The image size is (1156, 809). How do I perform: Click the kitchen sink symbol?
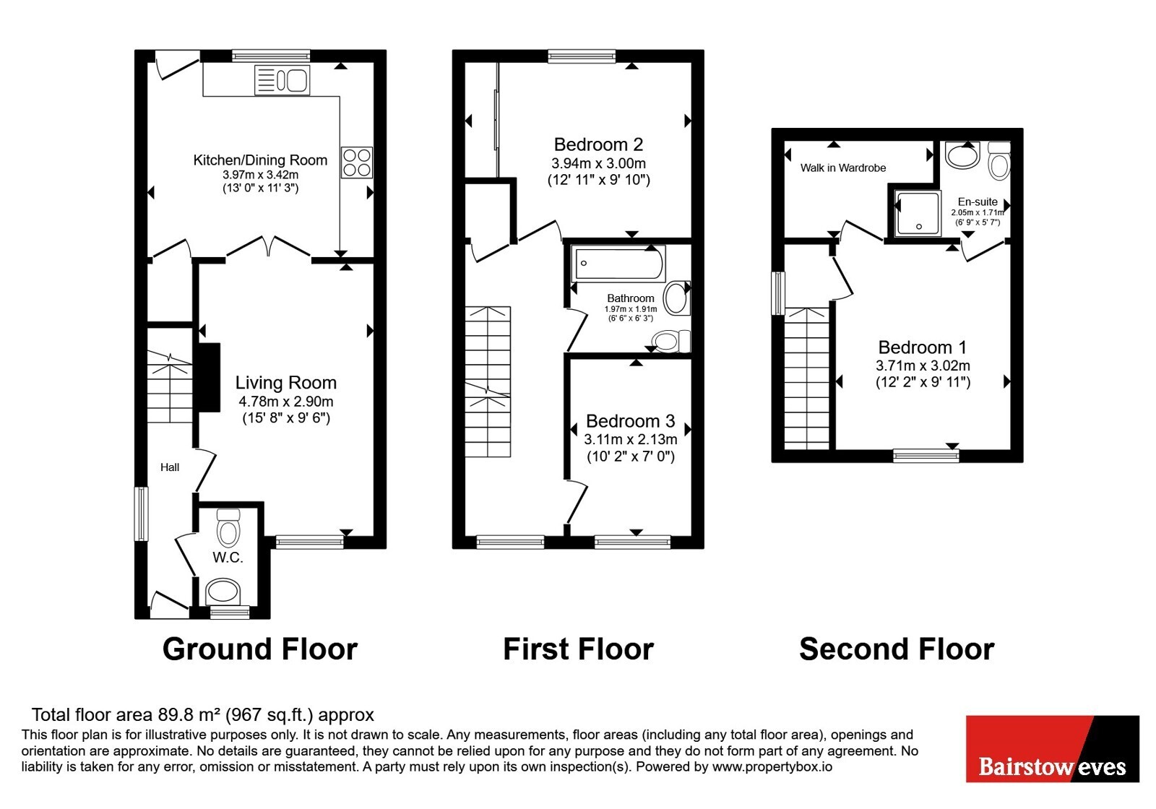pyautogui.click(x=282, y=80)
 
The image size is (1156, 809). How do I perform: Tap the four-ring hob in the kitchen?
pyautogui.click(x=356, y=163)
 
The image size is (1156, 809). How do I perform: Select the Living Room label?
pyautogui.click(x=286, y=382)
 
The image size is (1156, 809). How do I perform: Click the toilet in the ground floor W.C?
pyautogui.click(x=228, y=527)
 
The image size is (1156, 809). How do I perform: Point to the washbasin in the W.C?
pyautogui.click(x=223, y=592)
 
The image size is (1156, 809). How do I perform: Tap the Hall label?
pyautogui.click(x=170, y=467)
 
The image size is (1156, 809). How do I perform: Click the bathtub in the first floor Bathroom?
pyautogui.click(x=618, y=264)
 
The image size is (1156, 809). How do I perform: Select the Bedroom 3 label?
pyautogui.click(x=630, y=421)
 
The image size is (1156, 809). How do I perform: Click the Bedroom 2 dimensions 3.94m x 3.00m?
pyautogui.click(x=599, y=163)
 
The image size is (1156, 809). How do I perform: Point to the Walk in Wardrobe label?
pyautogui.click(x=842, y=168)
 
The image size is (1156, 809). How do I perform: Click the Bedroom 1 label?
pyautogui.click(x=922, y=347)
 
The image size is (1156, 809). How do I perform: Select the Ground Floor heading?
pyautogui.click(x=260, y=649)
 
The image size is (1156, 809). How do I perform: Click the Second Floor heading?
pyautogui.click(x=897, y=649)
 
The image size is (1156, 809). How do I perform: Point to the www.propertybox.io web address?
pyautogui.click(x=772, y=766)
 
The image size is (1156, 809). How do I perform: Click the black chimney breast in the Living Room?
pyautogui.click(x=209, y=378)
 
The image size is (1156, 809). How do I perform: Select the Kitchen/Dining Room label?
pyautogui.click(x=260, y=160)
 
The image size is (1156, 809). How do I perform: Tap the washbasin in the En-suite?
pyautogui.click(x=962, y=155)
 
